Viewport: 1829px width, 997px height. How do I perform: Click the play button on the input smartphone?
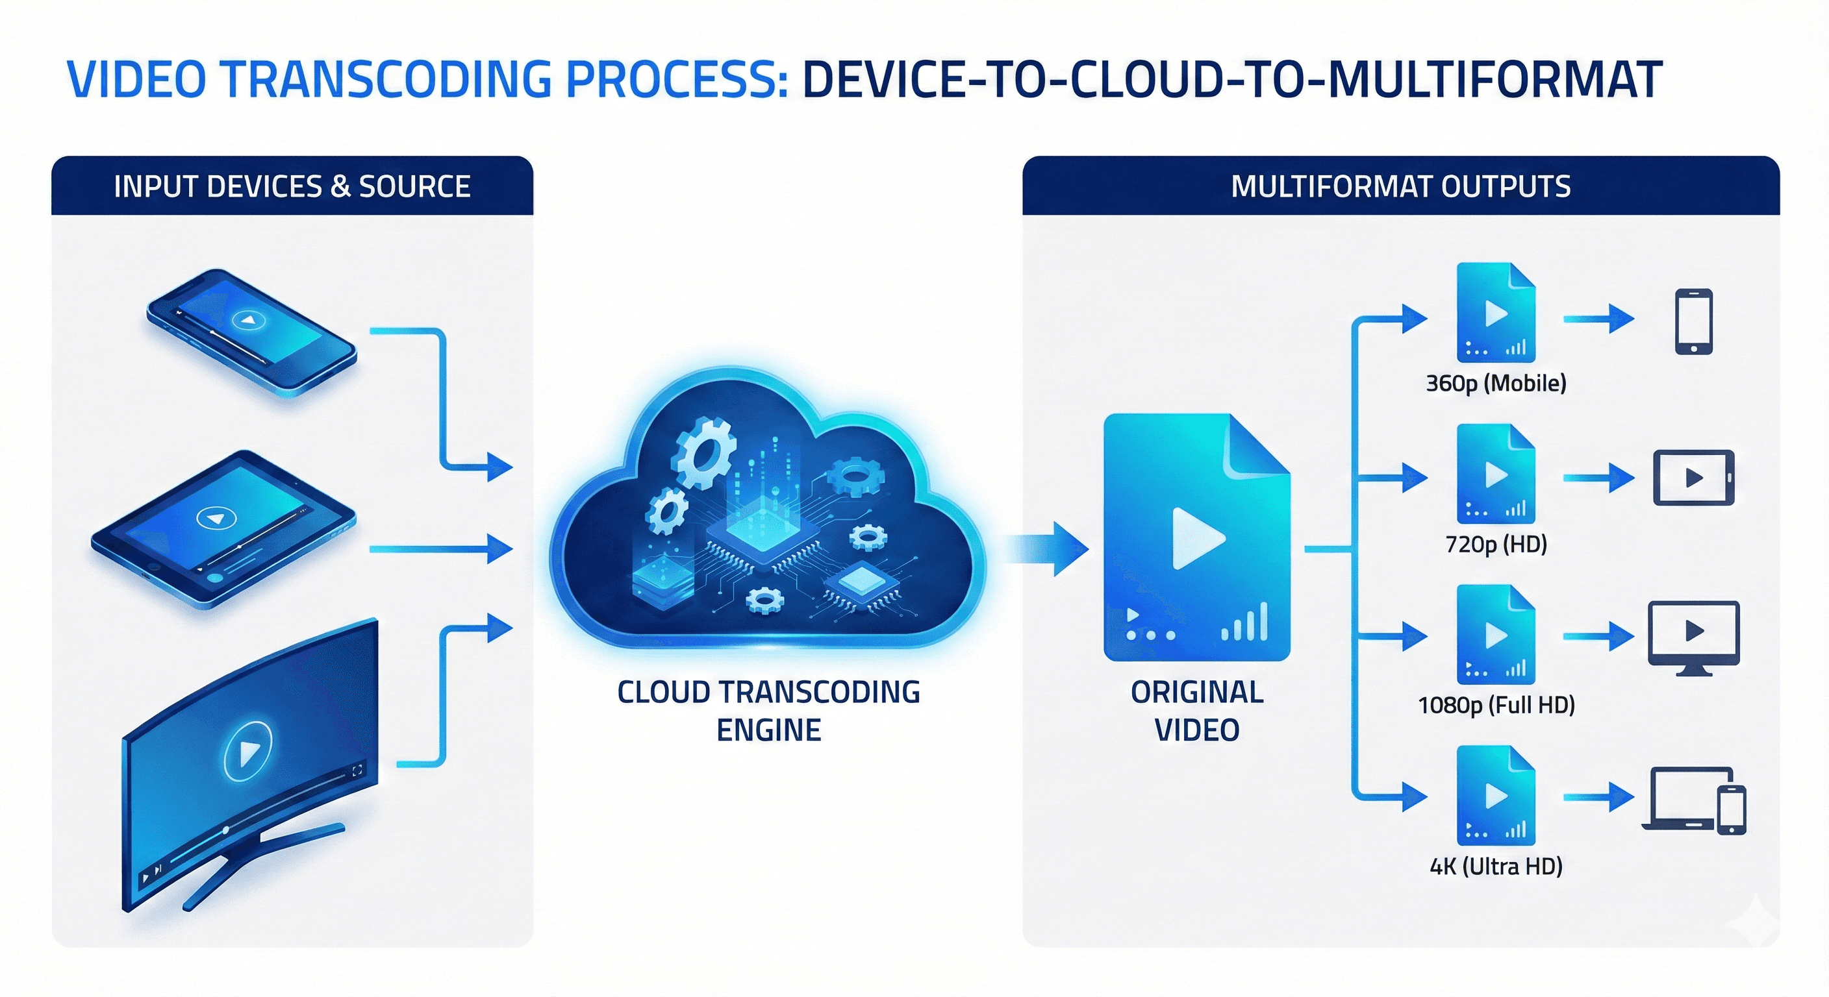point(249,321)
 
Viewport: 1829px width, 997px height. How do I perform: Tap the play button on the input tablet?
point(216,519)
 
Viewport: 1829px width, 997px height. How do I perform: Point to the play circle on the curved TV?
point(248,751)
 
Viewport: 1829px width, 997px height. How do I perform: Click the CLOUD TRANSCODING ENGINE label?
point(769,711)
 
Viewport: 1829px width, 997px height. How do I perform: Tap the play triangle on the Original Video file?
point(1197,538)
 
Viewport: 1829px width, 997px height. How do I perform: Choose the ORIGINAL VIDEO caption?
point(1197,711)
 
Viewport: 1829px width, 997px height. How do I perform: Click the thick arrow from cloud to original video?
point(1047,548)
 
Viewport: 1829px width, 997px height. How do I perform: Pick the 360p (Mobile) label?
point(1496,384)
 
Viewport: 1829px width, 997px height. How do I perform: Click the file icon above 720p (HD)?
point(1496,473)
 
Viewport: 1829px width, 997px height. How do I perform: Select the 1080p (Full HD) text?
point(1496,706)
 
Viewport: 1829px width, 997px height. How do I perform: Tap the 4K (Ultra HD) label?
point(1496,867)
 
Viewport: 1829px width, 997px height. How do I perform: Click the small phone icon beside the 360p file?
point(1693,321)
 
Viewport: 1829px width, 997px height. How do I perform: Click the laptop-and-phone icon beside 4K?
point(1694,800)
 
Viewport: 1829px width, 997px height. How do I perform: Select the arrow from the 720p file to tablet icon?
point(1598,478)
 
